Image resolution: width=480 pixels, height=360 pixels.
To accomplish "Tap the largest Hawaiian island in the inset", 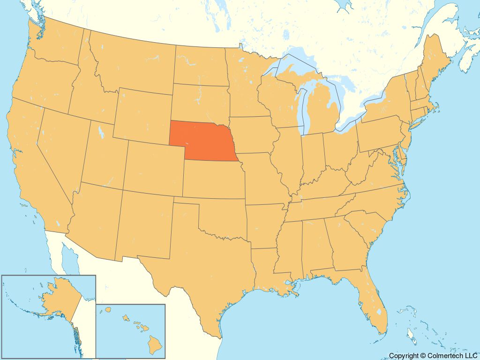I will [x=155, y=345].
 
